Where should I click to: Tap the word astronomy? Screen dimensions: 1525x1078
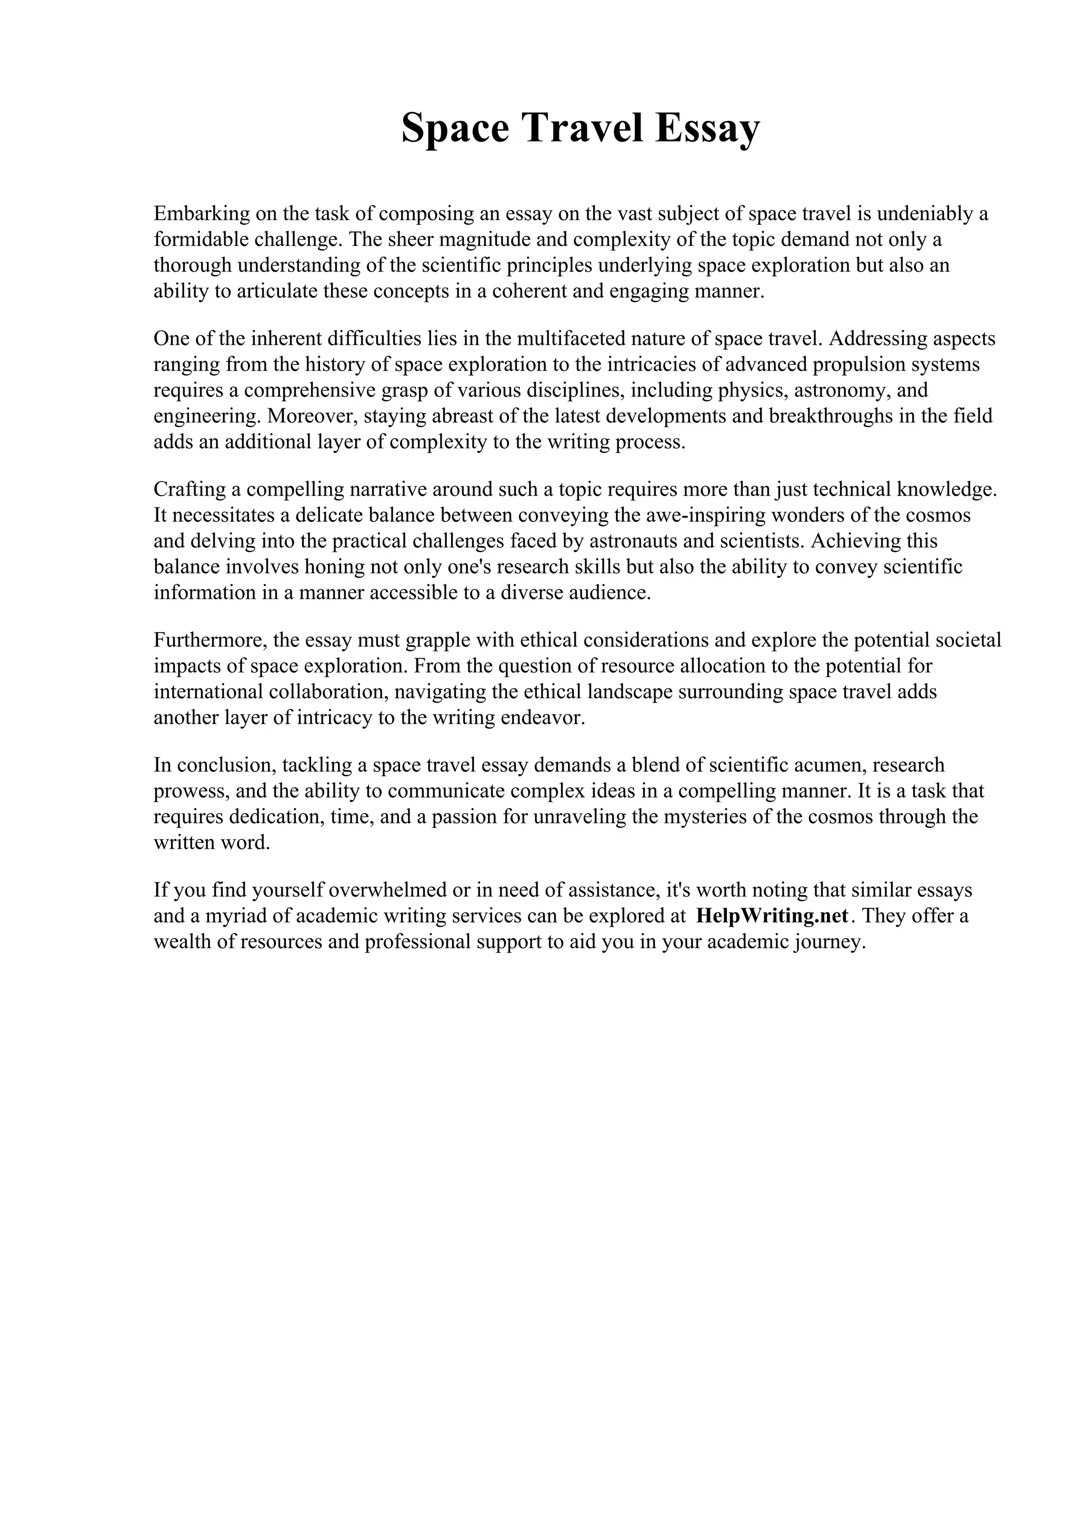842,390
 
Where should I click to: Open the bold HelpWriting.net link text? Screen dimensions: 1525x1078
772,917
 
